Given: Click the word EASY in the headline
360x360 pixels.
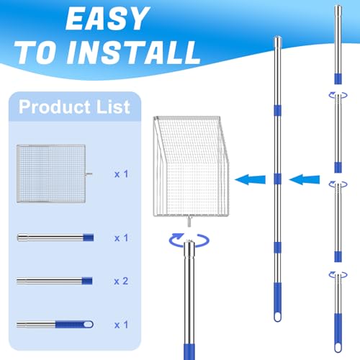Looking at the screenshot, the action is (x=107, y=18).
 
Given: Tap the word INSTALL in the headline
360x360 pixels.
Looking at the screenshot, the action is (x=133, y=53).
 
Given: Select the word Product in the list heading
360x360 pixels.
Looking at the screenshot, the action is (x=55, y=107).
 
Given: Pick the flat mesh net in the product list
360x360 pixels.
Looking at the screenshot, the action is (x=51, y=174).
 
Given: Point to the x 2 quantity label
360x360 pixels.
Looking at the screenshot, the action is (x=121, y=281).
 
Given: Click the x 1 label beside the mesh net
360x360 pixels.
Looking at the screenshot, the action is (x=121, y=174).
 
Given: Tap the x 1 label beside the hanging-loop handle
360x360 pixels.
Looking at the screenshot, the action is (x=121, y=325).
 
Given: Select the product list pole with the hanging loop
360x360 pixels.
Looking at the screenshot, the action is (x=55, y=325).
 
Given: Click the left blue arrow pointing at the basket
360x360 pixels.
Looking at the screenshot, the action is (x=251, y=179).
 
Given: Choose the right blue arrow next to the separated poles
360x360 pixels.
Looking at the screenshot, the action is (x=305, y=179).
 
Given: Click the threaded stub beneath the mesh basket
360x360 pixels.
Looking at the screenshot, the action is (x=189, y=221).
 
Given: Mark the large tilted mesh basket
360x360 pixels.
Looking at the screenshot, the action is (x=191, y=166).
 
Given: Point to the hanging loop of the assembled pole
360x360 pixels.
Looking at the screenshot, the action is (x=277, y=317).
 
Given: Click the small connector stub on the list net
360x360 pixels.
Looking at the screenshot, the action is (x=89, y=174).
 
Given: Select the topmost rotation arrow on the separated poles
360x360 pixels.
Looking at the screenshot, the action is (x=338, y=95).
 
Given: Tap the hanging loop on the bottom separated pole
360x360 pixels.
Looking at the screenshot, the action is (x=338, y=348).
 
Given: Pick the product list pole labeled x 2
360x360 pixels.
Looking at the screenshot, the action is (x=55, y=281).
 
